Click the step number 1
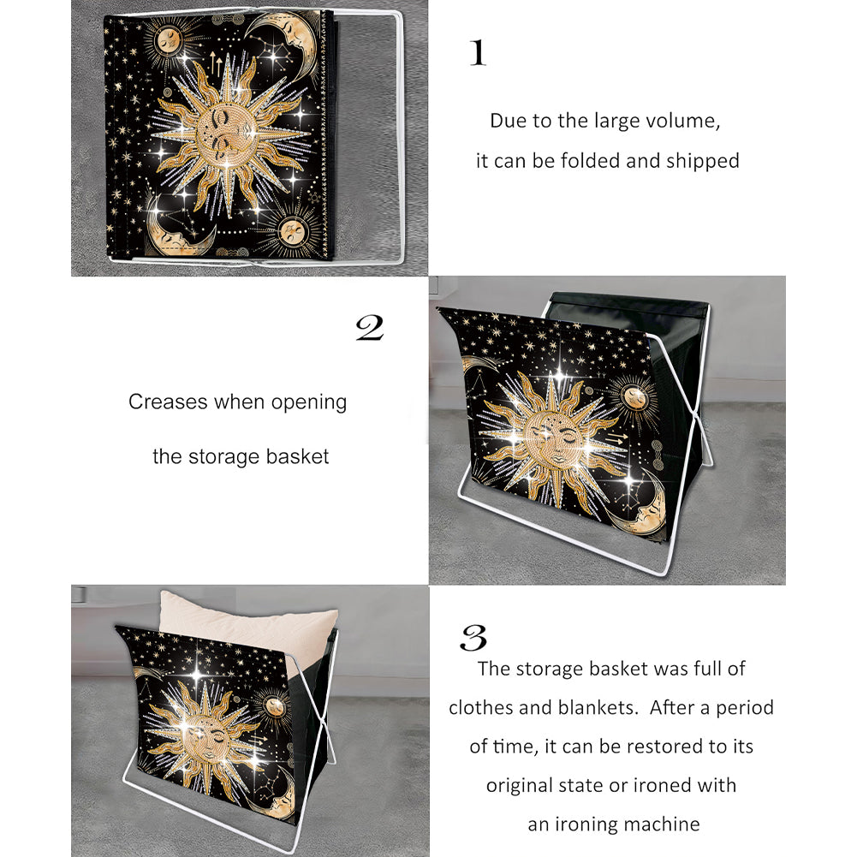click(478, 53)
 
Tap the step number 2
click(370, 328)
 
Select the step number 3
click(473, 637)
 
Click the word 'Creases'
click(169, 402)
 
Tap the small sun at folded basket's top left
click(170, 40)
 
